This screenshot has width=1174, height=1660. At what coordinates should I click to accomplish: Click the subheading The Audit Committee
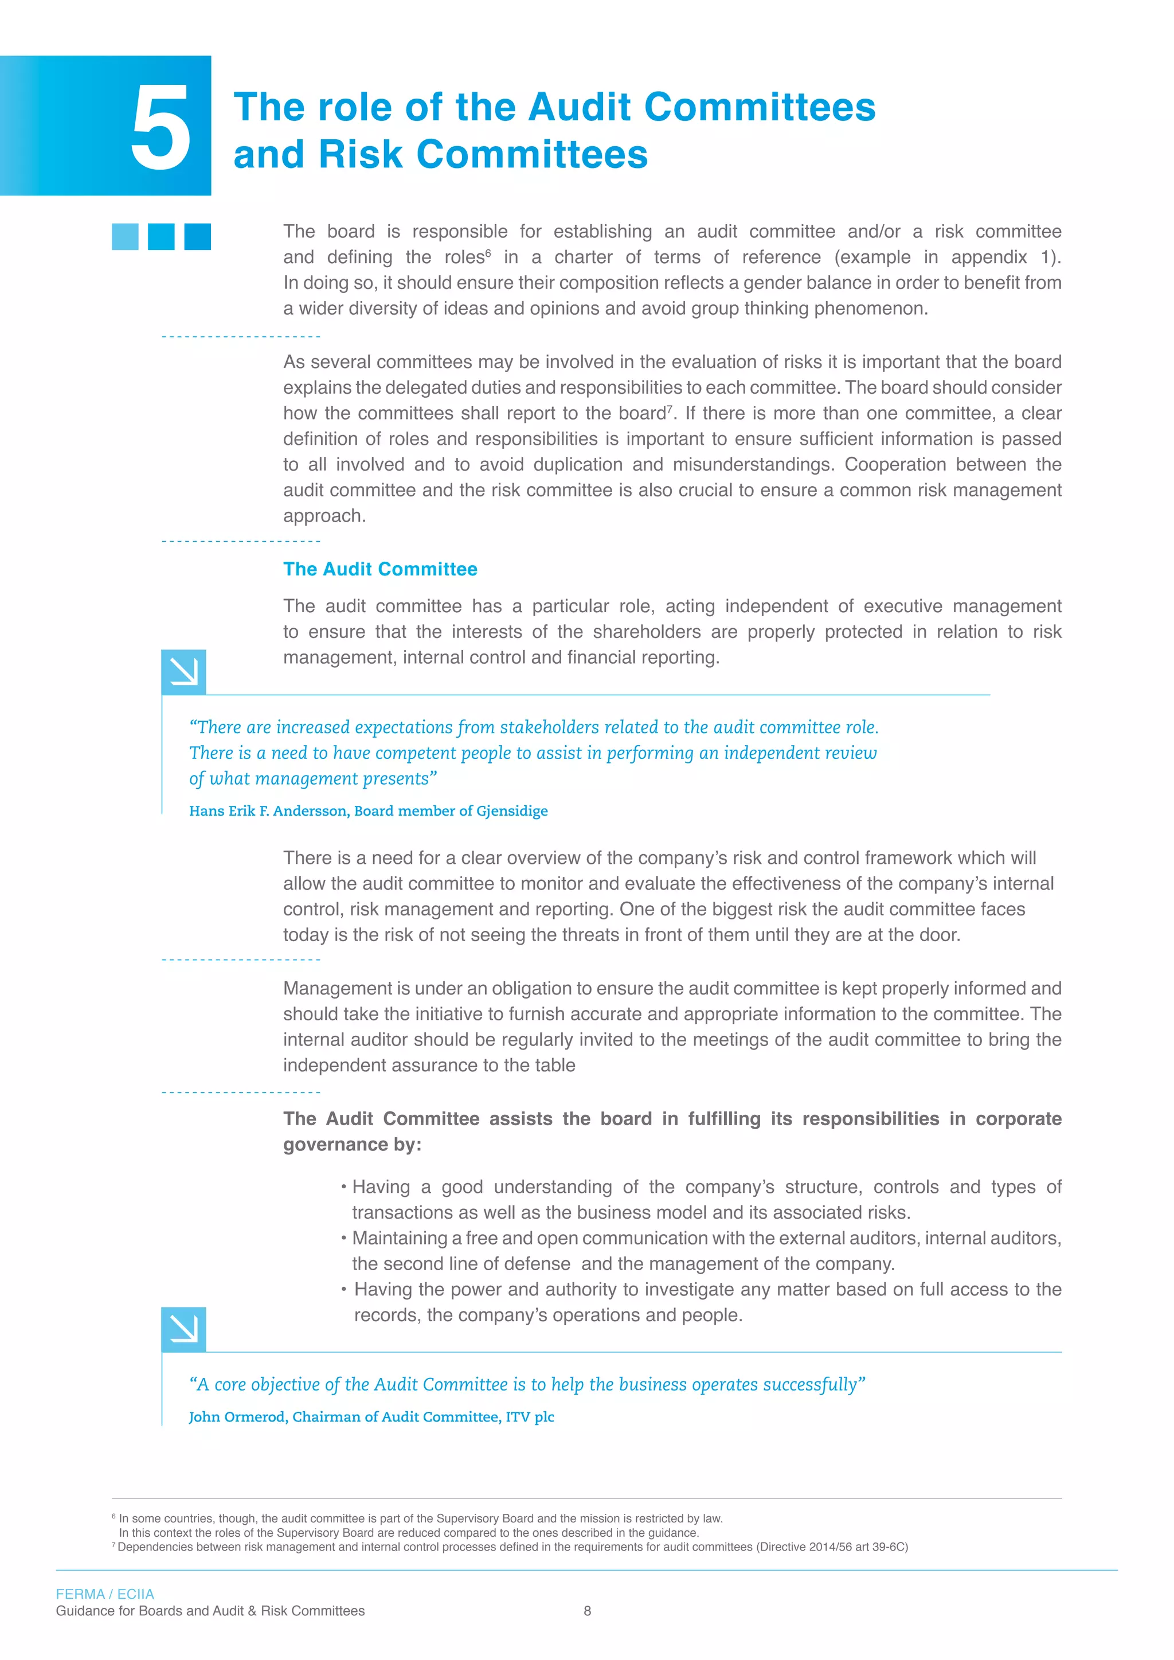tap(380, 569)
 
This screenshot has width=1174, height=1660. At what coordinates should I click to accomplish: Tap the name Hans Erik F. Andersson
tap(269, 811)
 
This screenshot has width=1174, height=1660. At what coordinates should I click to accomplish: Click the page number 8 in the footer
tap(587, 1610)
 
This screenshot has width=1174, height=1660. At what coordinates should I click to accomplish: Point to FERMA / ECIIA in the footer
tap(105, 1594)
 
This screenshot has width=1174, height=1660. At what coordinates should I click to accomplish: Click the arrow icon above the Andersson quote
tap(183, 672)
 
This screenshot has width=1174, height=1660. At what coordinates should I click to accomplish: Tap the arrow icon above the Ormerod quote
tap(183, 1329)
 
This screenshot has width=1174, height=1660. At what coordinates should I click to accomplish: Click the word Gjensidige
tap(512, 811)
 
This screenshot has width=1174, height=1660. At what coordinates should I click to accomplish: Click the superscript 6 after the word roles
tap(488, 252)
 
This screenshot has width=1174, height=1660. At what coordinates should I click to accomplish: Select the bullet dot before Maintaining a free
tap(344, 1237)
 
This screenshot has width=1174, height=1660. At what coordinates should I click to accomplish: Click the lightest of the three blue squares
tap(125, 236)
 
